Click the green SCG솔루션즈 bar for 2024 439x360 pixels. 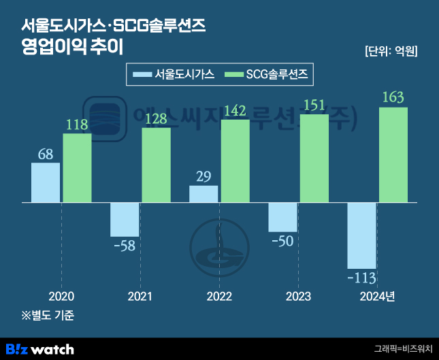click(393, 155)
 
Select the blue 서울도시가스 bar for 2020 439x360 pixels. click(46, 182)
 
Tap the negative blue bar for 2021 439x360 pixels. click(125, 219)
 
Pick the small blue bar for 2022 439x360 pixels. click(204, 194)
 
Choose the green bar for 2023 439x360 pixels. click(314, 159)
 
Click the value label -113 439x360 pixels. click(361, 278)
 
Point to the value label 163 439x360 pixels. click(393, 97)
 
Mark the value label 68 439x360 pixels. click(46, 154)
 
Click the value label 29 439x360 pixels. click(204, 177)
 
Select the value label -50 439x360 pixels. click(282, 241)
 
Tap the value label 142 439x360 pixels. click(235, 110)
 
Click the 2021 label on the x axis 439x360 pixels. click(140, 297)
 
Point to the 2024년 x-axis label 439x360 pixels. click(377, 297)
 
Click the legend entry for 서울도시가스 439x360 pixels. click(174, 75)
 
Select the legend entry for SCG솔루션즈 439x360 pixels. click(268, 75)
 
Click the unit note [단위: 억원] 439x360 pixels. click(391, 51)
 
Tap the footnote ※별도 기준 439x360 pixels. click(48, 316)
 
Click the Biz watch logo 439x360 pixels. click(40, 349)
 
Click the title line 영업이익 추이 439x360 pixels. click(72, 48)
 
